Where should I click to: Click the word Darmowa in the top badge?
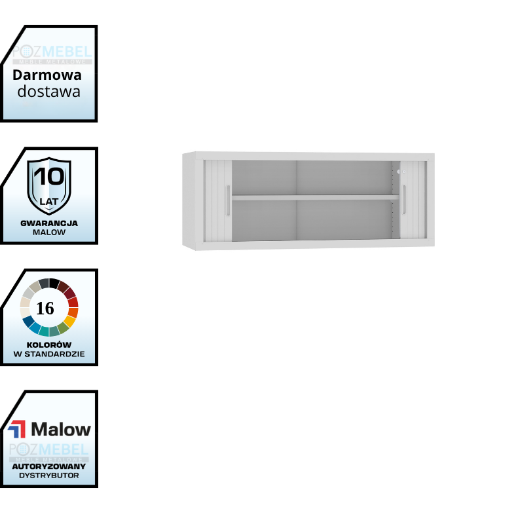[47, 75]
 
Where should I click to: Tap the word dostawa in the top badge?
[49, 91]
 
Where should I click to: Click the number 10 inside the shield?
[48, 177]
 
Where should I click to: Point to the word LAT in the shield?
[49, 201]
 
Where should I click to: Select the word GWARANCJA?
[49, 223]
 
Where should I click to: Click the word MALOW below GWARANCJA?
[49, 232]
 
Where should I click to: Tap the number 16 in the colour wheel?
[45, 308]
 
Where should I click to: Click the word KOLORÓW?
[49, 345]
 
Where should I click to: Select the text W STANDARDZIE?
[49, 354]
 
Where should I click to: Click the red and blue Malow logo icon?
[17, 430]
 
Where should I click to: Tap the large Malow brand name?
[61, 430]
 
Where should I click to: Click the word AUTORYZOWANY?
[49, 466]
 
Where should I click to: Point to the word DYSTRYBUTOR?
[49, 475]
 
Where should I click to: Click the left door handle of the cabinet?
[227, 200]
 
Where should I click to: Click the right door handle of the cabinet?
[404, 200]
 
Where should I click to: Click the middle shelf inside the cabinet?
[314, 196]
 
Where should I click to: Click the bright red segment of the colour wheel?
[73, 302]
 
